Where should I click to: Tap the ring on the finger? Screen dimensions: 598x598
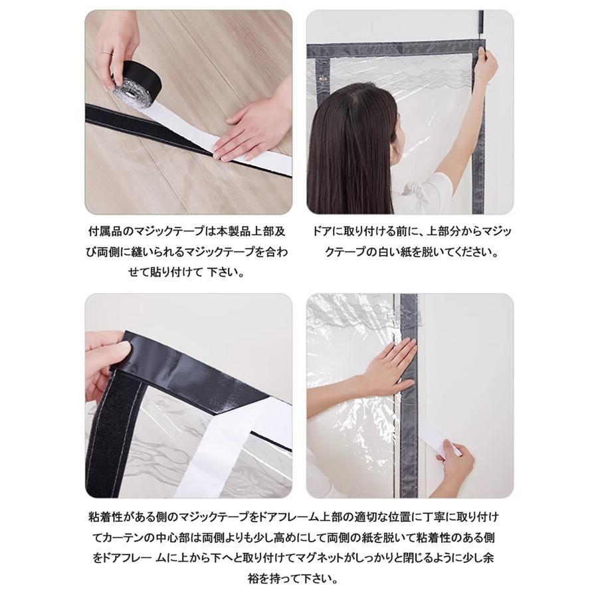(x=104, y=50)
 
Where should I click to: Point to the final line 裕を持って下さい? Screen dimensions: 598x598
(x=299, y=579)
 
